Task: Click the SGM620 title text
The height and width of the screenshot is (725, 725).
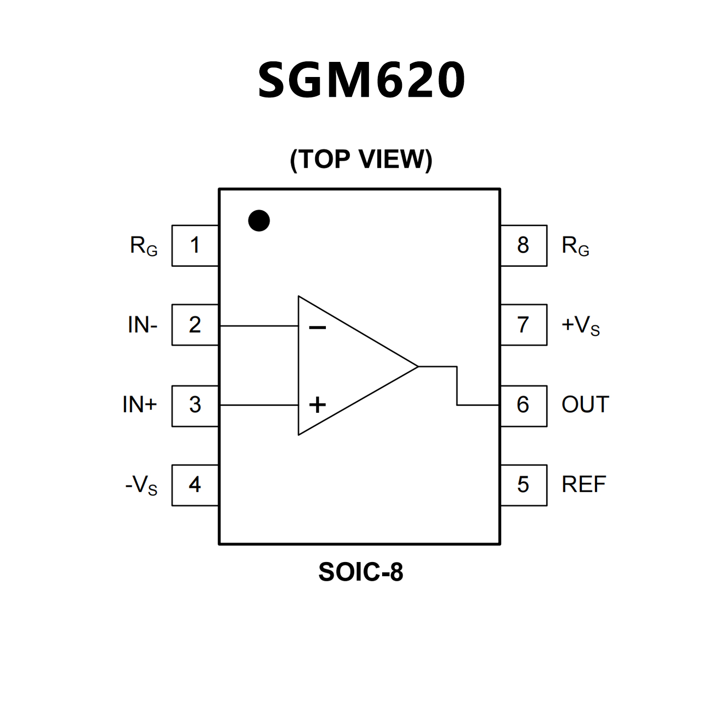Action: click(361, 80)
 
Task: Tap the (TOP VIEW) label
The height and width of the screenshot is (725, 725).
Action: click(361, 159)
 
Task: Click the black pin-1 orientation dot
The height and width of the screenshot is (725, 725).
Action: click(259, 221)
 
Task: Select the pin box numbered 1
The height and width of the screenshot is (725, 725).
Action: click(195, 246)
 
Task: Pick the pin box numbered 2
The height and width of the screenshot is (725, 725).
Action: click(195, 325)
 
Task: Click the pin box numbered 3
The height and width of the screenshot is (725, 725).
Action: click(195, 405)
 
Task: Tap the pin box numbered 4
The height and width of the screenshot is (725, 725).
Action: click(195, 485)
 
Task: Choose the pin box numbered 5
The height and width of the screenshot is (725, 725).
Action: click(523, 485)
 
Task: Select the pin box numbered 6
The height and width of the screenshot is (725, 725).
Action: click(523, 405)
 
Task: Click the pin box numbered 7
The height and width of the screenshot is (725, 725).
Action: click(523, 325)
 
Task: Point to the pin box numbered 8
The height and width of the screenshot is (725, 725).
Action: click(523, 246)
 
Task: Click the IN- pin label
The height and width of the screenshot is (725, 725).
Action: click(142, 325)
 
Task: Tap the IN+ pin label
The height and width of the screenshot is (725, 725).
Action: click(139, 405)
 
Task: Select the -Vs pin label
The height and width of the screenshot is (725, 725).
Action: click(141, 485)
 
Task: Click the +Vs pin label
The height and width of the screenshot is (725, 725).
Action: click(580, 325)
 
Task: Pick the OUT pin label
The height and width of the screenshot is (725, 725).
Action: click(585, 405)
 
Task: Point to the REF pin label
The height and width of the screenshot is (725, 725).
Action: click(583, 485)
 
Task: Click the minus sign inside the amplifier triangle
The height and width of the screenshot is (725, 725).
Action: click(317, 327)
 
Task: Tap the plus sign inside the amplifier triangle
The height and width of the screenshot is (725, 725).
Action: click(317, 405)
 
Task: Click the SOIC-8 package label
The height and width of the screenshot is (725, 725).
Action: click(361, 572)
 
